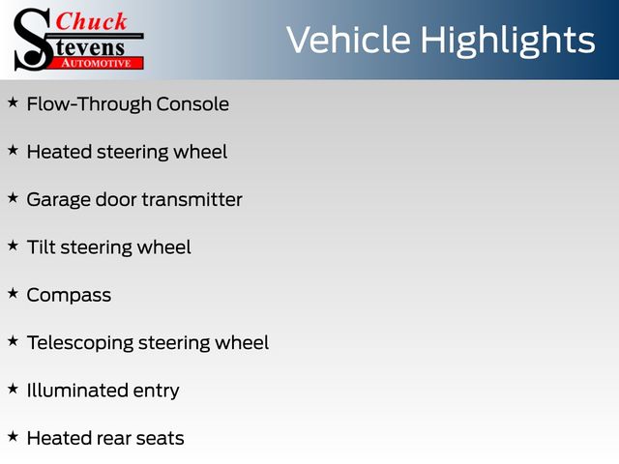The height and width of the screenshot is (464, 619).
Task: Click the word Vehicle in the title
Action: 348,40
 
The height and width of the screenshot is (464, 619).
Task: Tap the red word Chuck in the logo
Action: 91,21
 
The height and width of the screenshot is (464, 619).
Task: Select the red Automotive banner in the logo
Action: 98,63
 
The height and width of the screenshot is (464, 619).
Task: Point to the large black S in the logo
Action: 33,40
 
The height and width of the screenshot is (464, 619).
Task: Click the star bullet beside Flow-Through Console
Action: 13,103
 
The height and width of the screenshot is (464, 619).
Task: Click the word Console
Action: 192,104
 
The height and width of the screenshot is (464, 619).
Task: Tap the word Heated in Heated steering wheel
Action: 59,152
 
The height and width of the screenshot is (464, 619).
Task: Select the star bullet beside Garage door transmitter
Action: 13,198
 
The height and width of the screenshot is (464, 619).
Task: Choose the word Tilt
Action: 41,247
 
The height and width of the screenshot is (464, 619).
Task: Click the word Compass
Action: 69,296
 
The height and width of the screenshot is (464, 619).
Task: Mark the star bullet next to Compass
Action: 13,294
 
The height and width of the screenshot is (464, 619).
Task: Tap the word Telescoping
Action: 80,343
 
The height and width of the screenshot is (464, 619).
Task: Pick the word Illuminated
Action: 77,391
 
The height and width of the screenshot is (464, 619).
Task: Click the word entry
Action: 157,391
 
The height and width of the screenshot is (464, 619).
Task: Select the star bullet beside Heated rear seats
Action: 13,437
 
